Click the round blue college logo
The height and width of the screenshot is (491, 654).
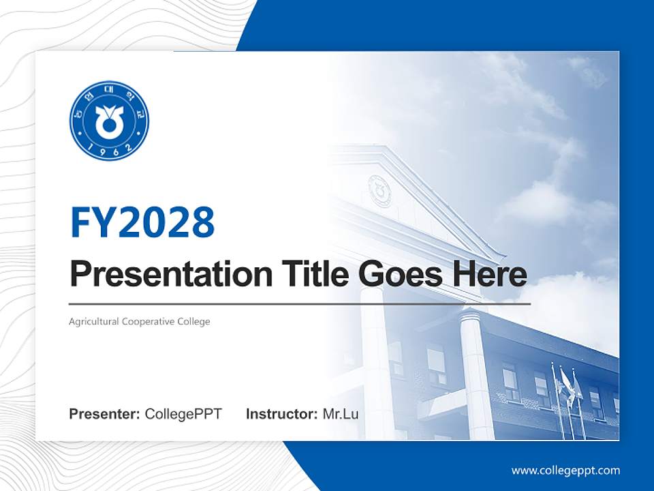(109, 121)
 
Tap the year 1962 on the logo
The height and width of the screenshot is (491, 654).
(109, 151)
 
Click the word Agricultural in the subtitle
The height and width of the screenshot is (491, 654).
(93, 321)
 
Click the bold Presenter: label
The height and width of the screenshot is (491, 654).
(105, 414)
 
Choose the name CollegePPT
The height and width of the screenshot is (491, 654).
(183, 414)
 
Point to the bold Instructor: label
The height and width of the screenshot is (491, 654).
(281, 414)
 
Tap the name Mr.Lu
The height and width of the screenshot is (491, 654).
(341, 414)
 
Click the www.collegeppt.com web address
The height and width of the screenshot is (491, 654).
(565, 471)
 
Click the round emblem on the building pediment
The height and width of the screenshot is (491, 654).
(379, 190)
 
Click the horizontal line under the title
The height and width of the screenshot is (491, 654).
(300, 303)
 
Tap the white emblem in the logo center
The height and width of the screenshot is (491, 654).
(109, 122)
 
